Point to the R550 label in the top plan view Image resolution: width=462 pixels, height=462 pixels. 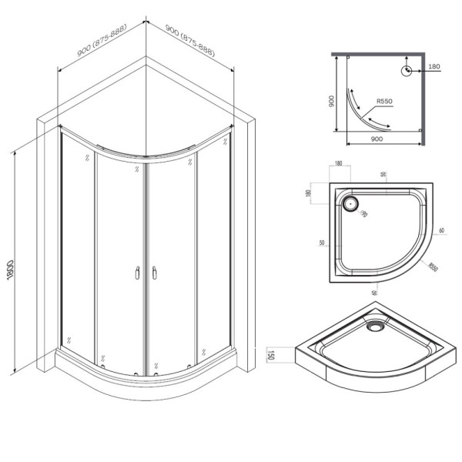tap(385, 100)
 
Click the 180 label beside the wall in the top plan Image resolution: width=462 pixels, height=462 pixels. tap(434, 66)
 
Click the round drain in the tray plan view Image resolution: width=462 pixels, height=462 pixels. tap(350, 204)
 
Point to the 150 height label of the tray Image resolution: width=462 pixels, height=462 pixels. tap(271, 356)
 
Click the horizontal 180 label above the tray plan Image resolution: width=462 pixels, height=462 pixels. tap(339, 164)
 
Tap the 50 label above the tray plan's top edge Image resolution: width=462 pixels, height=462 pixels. tap(382, 174)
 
